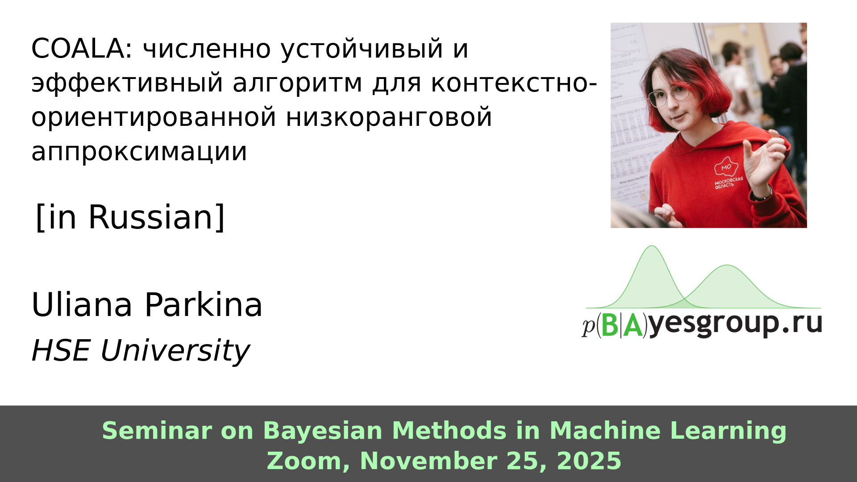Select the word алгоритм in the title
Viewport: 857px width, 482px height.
coord(298,83)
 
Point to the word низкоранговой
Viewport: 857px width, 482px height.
coord(389,117)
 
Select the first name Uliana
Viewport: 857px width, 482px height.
coord(82,305)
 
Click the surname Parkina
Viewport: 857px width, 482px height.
coord(204,305)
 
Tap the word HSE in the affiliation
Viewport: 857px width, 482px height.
coord(61,350)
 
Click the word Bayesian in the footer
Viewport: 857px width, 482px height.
coord(323,431)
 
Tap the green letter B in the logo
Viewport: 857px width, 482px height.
coord(610,325)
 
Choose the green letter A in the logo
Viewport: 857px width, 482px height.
coord(633,325)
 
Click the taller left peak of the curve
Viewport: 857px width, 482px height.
coord(652,246)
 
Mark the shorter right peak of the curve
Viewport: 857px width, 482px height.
coord(727,266)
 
